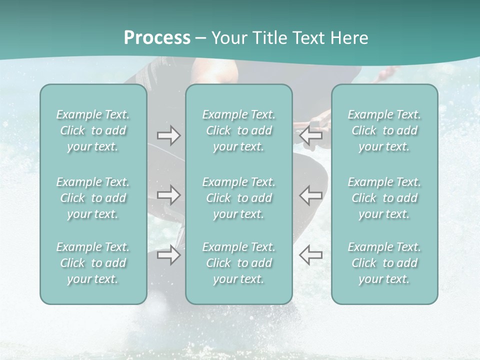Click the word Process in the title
point(157,38)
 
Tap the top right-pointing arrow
point(168,135)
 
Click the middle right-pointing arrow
point(168,195)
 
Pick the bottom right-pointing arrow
point(168,255)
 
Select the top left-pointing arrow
point(311,135)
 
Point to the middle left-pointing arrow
point(311,195)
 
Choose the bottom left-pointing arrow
point(311,255)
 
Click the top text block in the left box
point(93,130)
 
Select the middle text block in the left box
point(93,198)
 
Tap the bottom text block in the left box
point(93,263)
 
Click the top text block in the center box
point(238,130)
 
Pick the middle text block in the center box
point(238,198)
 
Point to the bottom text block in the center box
point(238,263)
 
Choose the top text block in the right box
point(384,130)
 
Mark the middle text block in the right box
point(384,198)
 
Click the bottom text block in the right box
point(384,263)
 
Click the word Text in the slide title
point(307,38)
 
